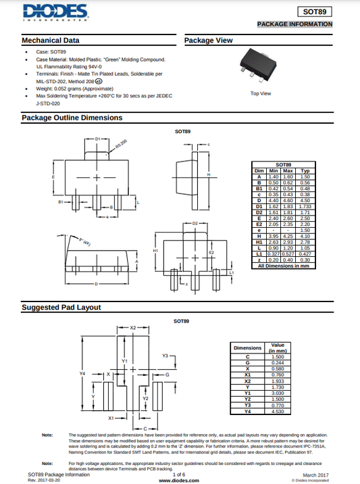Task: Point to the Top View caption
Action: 261,93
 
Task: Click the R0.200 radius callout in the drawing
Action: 120,143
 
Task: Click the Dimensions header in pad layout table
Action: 247,347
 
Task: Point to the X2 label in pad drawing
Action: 133,327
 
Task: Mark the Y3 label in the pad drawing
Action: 165,356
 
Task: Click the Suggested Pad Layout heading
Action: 61,308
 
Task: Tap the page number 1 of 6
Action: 179,475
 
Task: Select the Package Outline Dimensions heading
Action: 72,118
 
